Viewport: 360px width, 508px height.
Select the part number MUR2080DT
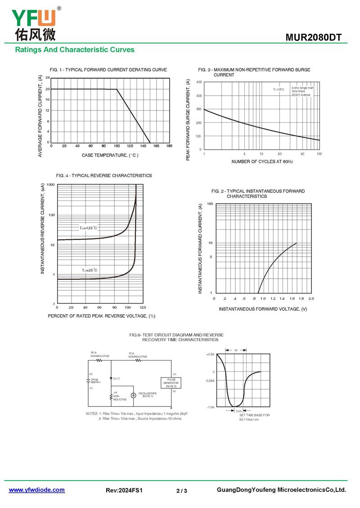pyautogui.click(x=316, y=37)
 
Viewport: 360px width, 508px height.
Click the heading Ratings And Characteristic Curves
pyautogui.click(x=75, y=50)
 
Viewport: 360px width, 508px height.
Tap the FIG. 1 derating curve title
pyautogui.click(x=108, y=70)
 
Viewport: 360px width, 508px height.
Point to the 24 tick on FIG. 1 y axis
pyautogui.click(x=47, y=78)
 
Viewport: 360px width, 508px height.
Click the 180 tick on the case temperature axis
pyautogui.click(x=169, y=146)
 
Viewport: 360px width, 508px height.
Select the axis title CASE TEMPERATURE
pyautogui.click(x=110, y=156)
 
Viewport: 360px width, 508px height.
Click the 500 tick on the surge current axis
pyautogui.click(x=198, y=82)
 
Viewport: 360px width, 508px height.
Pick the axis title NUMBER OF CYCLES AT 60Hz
pyautogui.click(x=262, y=161)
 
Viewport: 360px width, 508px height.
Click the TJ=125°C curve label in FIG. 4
pyautogui.click(x=89, y=228)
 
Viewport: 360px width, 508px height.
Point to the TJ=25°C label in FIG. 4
pyautogui.click(x=90, y=270)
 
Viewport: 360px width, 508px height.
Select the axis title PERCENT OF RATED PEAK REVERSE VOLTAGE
pyautogui.click(x=101, y=316)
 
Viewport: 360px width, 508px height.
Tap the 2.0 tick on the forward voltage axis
pyautogui.click(x=310, y=299)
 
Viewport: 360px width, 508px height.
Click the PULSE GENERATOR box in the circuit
pyautogui.click(x=171, y=383)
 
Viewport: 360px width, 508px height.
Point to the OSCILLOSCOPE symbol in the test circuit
pyautogui.click(x=133, y=396)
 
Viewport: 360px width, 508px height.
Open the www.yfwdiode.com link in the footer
pyautogui.click(x=37, y=490)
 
